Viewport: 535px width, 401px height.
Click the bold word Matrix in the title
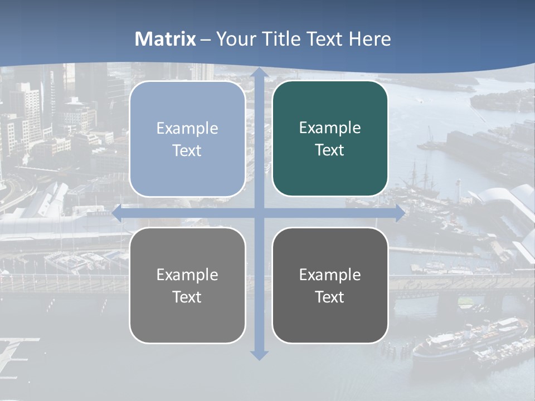point(166,39)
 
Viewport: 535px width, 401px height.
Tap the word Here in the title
point(369,39)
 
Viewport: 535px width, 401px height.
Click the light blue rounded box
point(187,139)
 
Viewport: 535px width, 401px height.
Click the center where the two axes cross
point(259,213)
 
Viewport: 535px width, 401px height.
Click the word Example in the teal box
point(330,128)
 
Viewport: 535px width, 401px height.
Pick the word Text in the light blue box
point(187,151)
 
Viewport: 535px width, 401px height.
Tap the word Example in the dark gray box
point(330,275)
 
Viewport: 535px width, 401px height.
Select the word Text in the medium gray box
point(187,297)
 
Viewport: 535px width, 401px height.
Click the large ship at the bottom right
point(468,340)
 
